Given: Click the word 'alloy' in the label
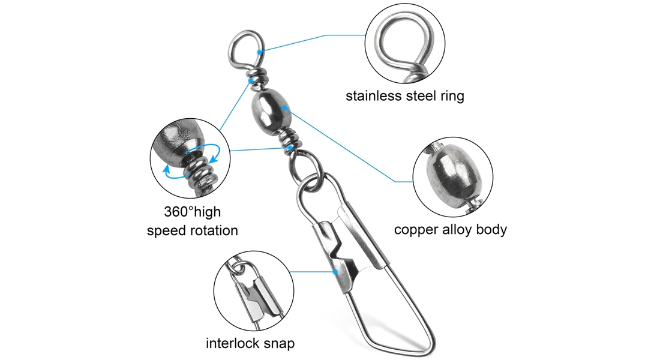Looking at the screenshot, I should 462,229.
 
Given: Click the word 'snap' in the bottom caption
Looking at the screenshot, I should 280,343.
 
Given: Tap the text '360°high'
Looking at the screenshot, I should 192,212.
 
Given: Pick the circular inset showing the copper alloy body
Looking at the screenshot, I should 451,178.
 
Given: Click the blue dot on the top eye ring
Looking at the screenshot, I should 260,52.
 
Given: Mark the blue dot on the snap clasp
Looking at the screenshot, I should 337,271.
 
